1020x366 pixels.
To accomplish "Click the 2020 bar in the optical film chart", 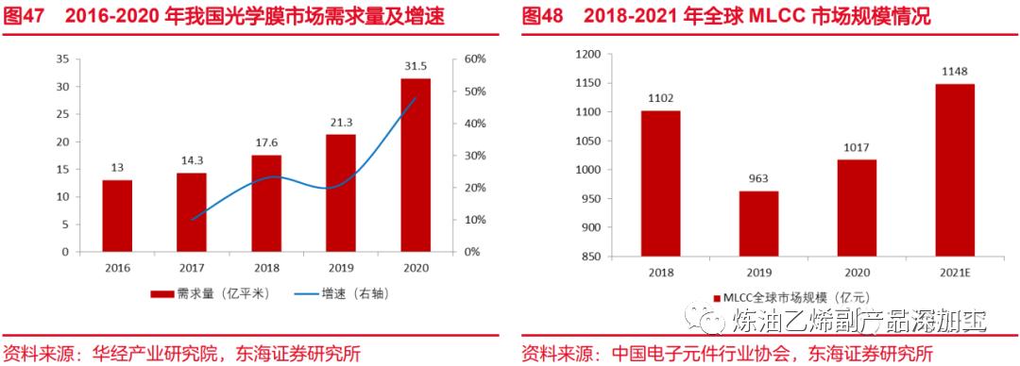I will click(x=416, y=165).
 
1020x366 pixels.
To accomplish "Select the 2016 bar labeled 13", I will click(x=117, y=216).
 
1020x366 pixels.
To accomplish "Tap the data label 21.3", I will click(x=341, y=123).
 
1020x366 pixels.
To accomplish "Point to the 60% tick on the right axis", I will click(x=475, y=58).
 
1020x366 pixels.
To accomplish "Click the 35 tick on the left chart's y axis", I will click(x=62, y=58).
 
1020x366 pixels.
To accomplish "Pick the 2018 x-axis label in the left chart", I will click(x=266, y=268).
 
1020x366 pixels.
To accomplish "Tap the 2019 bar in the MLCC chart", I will click(x=758, y=223).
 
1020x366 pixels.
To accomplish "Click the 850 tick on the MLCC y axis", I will click(x=591, y=256).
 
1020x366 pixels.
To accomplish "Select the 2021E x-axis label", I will click(x=955, y=272).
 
